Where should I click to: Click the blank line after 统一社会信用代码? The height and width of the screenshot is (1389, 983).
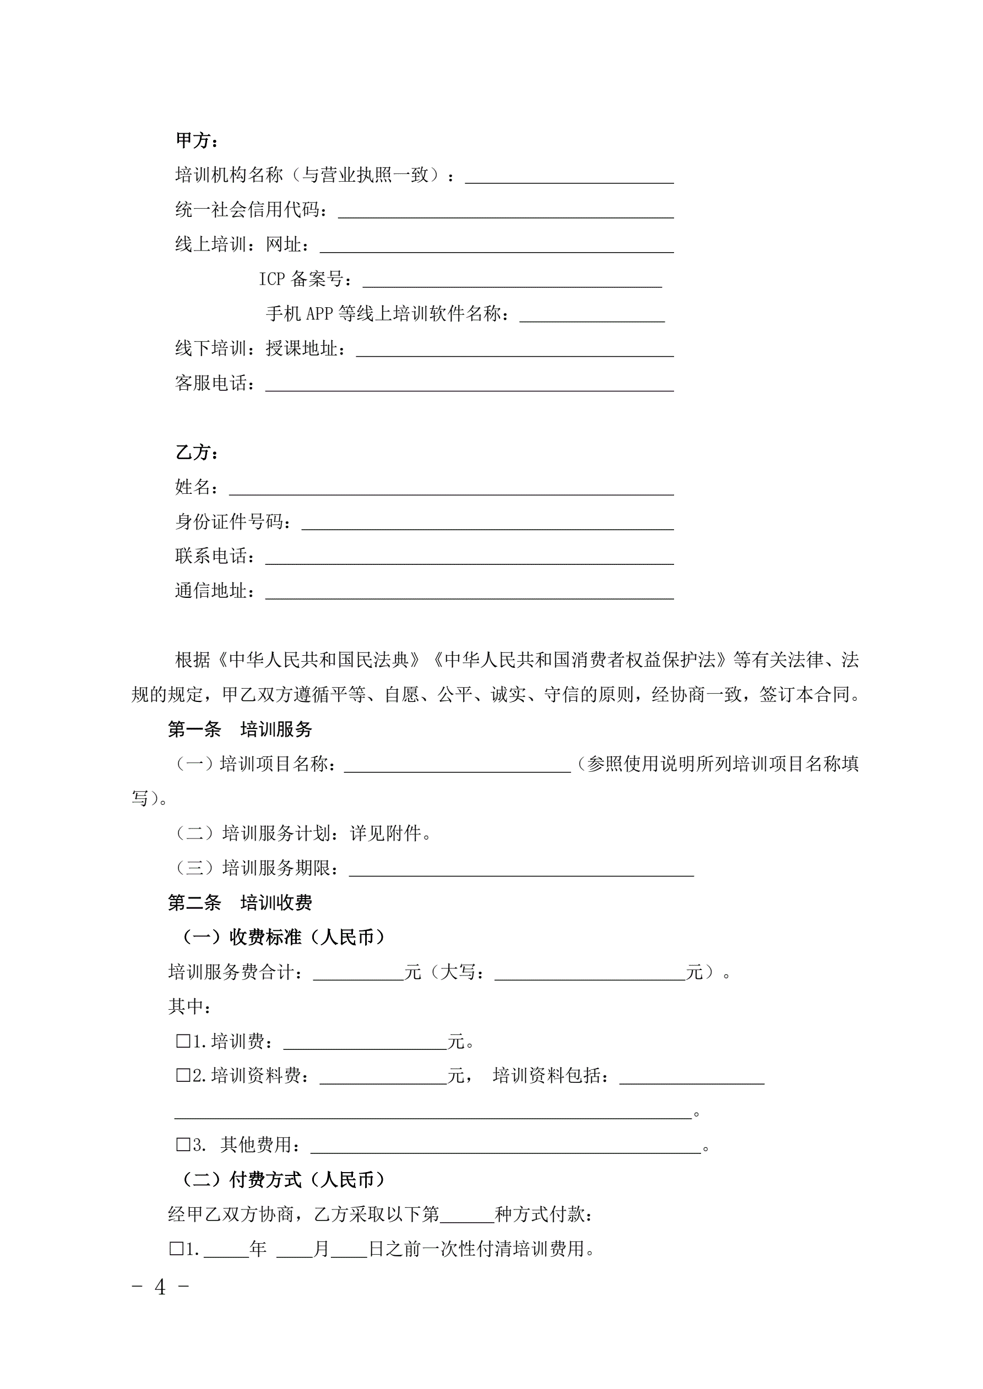pos(506,211)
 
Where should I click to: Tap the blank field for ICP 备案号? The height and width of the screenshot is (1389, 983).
pos(512,281)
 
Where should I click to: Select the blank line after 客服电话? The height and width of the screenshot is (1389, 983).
pos(469,385)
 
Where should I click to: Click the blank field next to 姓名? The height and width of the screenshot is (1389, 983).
pos(451,489)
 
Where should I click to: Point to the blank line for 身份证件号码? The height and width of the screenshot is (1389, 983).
pos(487,524)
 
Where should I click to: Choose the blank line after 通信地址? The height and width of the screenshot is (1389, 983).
pos(469,592)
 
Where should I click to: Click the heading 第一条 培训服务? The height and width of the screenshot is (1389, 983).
pos(240,729)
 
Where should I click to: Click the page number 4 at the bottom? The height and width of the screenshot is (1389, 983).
pos(160,1287)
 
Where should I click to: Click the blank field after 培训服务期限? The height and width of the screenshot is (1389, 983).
pos(521,869)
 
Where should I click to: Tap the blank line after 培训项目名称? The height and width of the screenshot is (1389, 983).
pos(457,766)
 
